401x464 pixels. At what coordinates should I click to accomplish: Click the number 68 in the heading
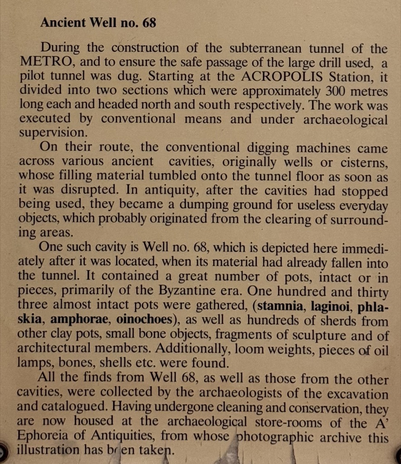tap(149, 23)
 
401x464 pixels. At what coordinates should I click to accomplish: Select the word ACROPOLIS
tap(275, 76)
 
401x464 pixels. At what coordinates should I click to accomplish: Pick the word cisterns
tap(362, 162)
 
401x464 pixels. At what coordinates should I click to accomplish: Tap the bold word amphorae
tap(81, 319)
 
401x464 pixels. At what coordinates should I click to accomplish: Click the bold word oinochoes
tap(145, 319)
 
